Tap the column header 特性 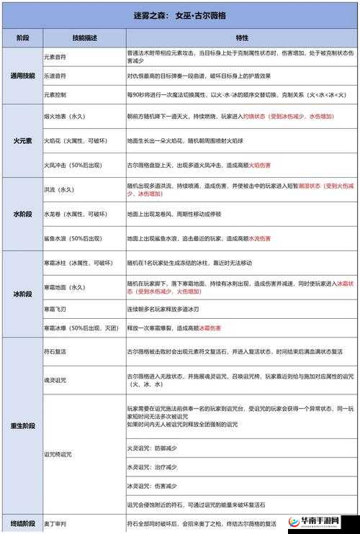click(240, 37)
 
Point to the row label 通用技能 click(22, 75)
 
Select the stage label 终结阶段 click(22, 523)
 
